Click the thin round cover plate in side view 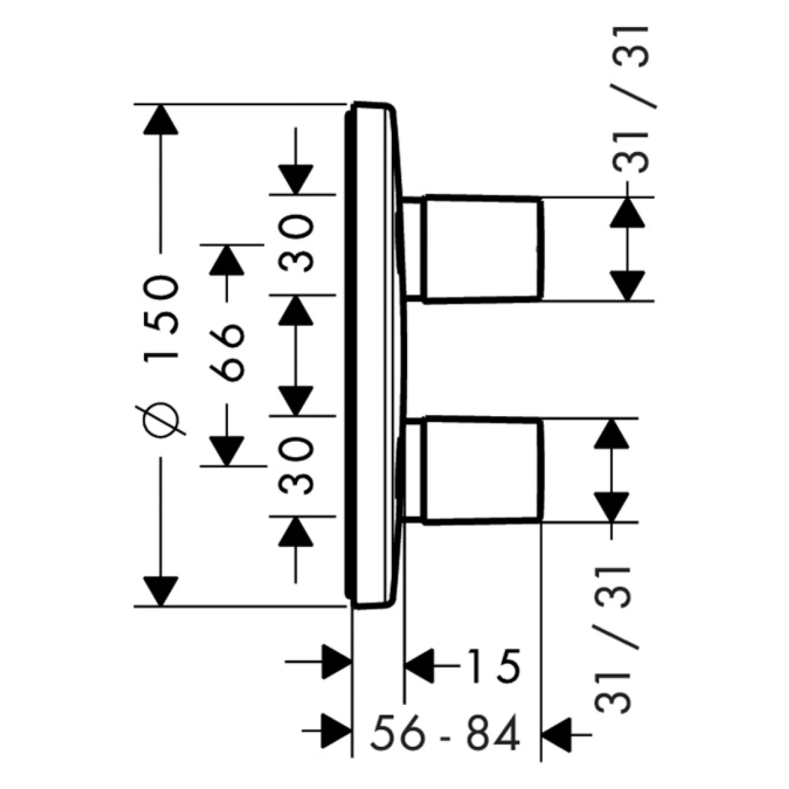(371, 355)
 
